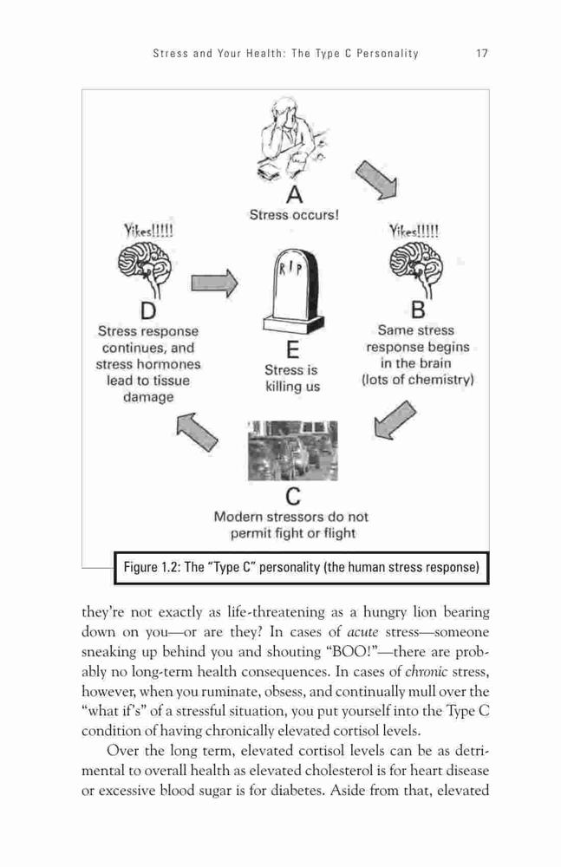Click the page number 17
pyautogui.click(x=481, y=54)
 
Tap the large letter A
pyautogui.click(x=295, y=194)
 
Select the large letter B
pyautogui.click(x=418, y=310)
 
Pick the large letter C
pyautogui.click(x=293, y=496)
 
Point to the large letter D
pyautogui.click(x=148, y=310)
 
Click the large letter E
pyautogui.click(x=293, y=350)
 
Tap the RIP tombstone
pyautogui.click(x=293, y=290)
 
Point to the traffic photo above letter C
pyautogui.click(x=293, y=451)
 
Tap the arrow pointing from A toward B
pyautogui.click(x=377, y=179)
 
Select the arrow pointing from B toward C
pyautogui.click(x=394, y=420)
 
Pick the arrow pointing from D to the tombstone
pyautogui.click(x=215, y=284)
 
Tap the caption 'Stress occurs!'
pyautogui.click(x=294, y=214)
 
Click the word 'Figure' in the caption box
pyautogui.click(x=140, y=567)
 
